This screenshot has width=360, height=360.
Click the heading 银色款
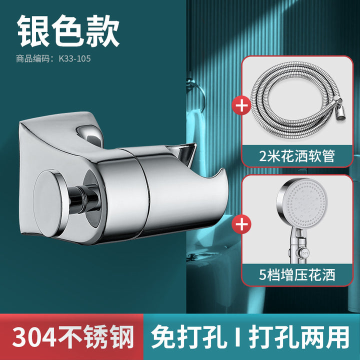pyautogui.click(x=68, y=30)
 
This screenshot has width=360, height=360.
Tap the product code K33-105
pyautogui.click(x=75, y=59)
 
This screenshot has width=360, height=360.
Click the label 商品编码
pyautogui.click(x=33, y=59)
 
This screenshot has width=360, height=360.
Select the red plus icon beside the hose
pyautogui.click(x=241, y=106)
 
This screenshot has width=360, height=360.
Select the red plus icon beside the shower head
pyautogui.click(x=241, y=224)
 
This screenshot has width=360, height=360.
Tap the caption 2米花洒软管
pyautogui.click(x=296, y=156)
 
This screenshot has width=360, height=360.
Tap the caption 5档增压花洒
pyautogui.click(x=297, y=274)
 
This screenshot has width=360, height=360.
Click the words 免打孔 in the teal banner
pyautogui.click(x=188, y=337)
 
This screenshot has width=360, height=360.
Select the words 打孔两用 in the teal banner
pyautogui.click(x=298, y=337)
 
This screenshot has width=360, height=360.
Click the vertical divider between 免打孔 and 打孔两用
pyautogui.click(x=237, y=337)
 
